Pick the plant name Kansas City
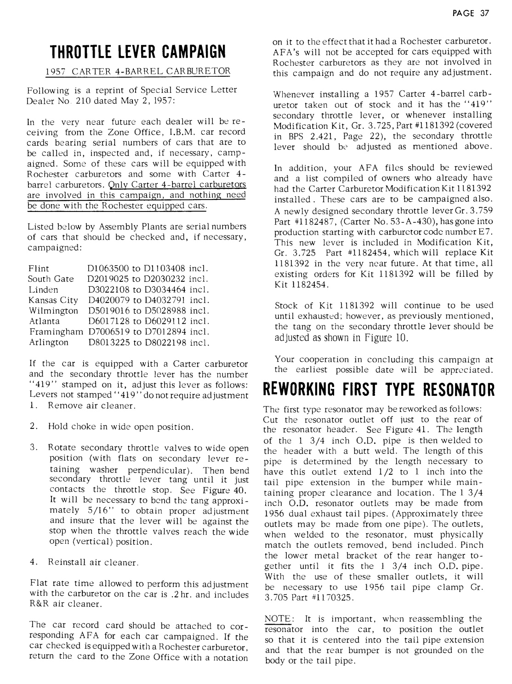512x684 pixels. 53,300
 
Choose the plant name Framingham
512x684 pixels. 57,331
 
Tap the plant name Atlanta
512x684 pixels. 44,321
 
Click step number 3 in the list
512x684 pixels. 33,448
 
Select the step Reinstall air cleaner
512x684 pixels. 93,563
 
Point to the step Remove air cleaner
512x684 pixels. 91,406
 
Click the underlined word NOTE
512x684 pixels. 278,619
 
